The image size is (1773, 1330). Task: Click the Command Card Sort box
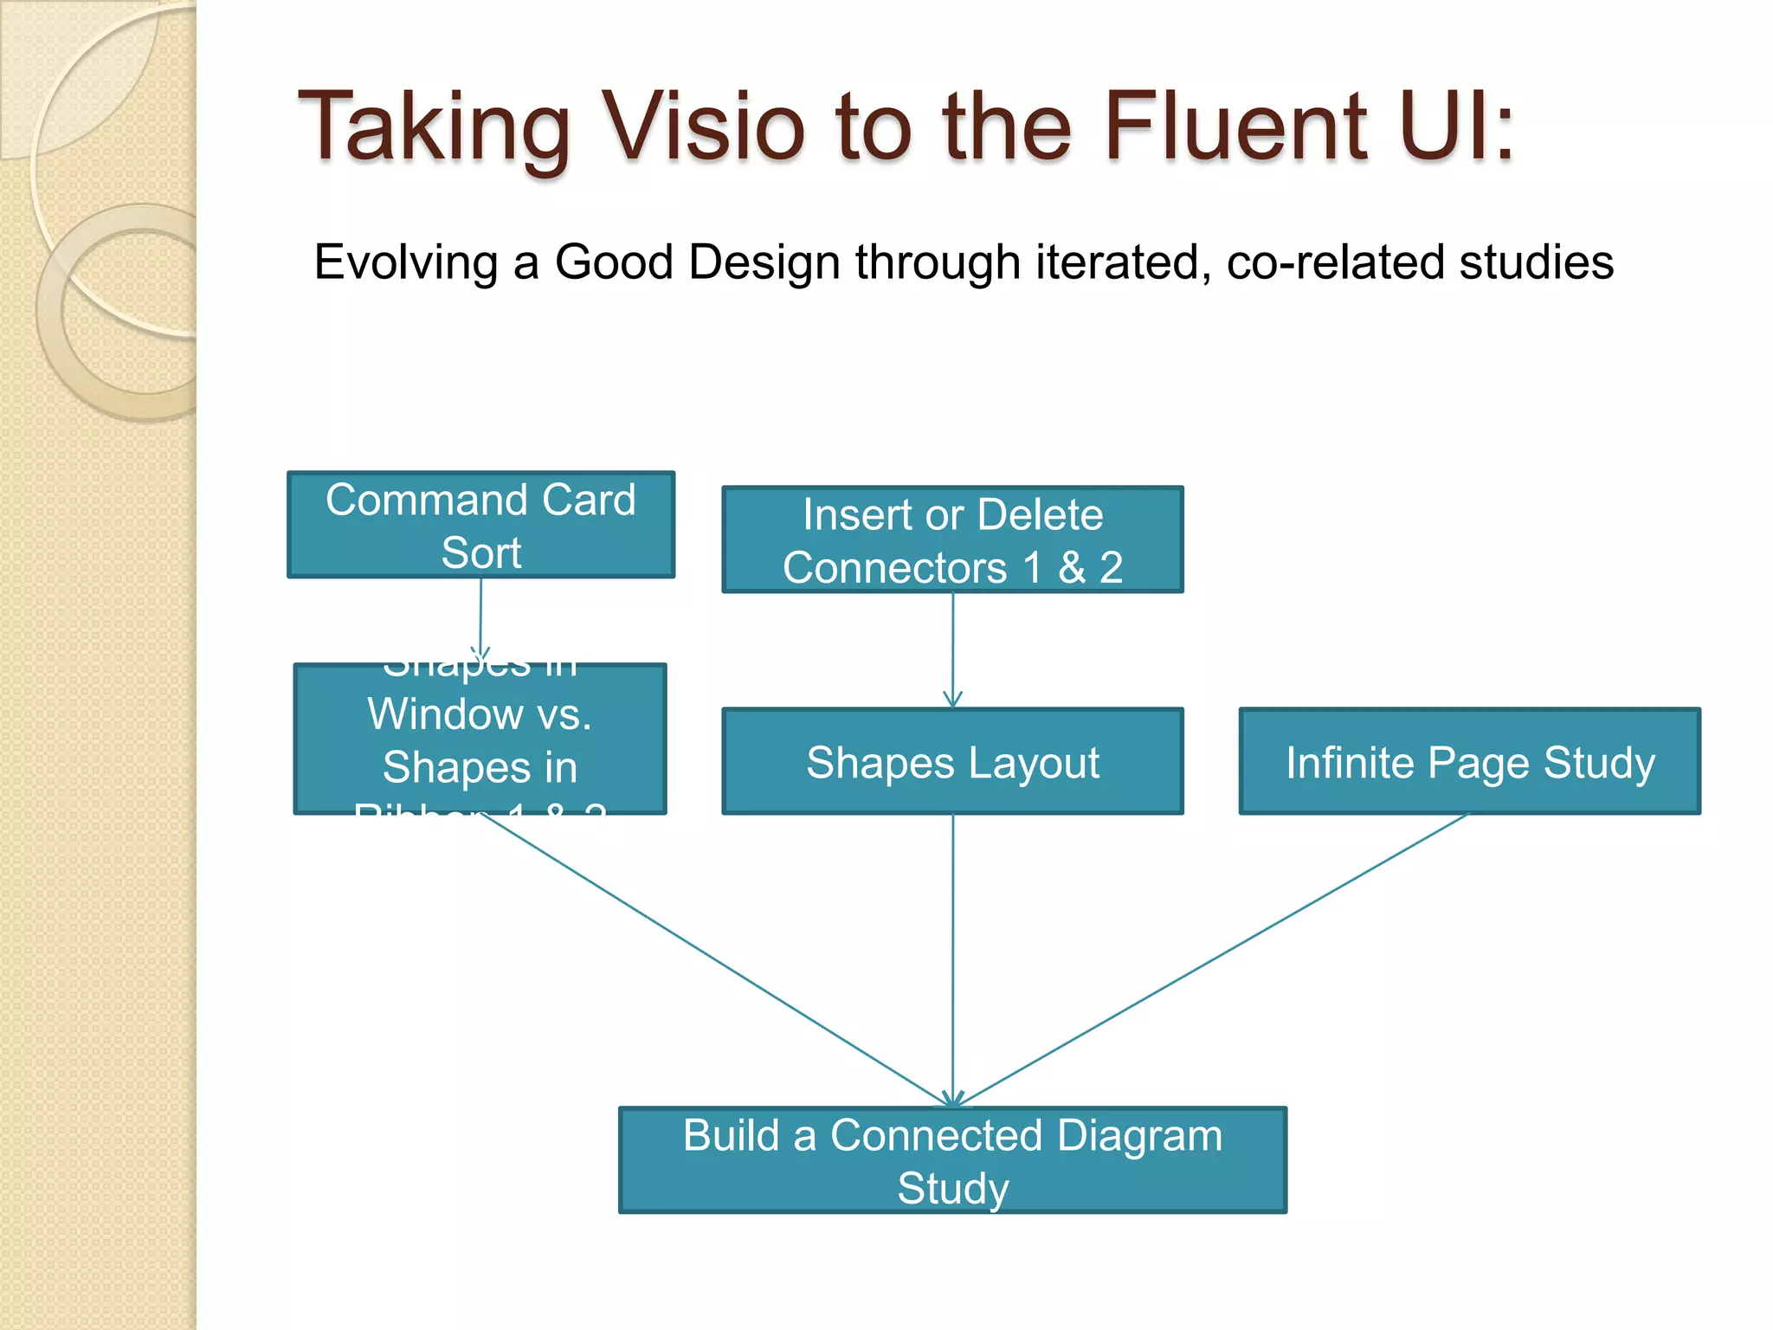[x=480, y=525]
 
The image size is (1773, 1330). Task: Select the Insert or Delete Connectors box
[x=952, y=539]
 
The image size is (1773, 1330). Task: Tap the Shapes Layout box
[x=952, y=762]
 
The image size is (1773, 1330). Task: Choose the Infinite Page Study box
[x=1469, y=762]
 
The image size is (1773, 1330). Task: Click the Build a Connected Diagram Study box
[x=952, y=1160]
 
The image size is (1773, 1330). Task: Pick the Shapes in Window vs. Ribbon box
[x=480, y=739]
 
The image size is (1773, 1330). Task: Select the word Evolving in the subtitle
[x=405, y=262]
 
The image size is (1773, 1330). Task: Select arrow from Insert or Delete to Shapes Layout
[x=953, y=649]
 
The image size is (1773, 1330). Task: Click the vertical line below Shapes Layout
[x=953, y=952]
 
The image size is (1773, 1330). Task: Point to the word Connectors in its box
[x=895, y=568]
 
